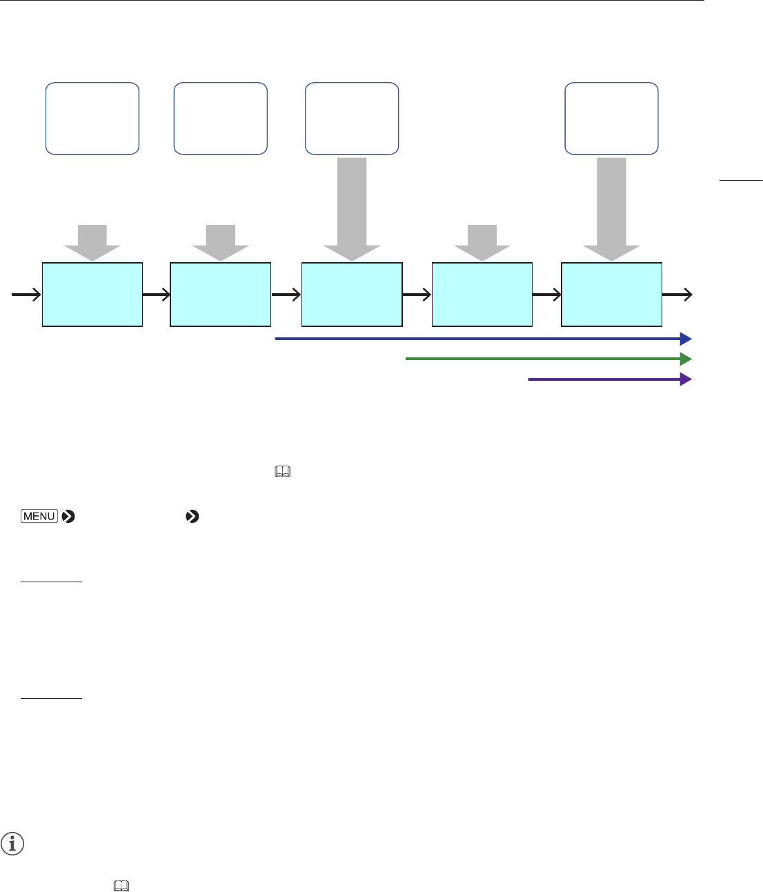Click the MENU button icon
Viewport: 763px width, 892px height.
point(39,516)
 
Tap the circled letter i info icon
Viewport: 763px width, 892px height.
point(12,844)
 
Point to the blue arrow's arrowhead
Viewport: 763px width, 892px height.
point(686,339)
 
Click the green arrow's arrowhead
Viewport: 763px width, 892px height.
point(686,359)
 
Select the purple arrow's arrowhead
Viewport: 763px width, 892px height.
point(686,379)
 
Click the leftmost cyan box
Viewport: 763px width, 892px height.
point(92,295)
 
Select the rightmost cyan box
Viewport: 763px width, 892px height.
point(611,295)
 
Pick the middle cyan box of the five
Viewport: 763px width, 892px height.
point(352,295)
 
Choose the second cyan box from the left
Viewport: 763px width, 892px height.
point(220,295)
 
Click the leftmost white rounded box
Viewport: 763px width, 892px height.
point(92,118)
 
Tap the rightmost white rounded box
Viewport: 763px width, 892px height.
point(611,118)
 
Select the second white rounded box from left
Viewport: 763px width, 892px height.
point(220,118)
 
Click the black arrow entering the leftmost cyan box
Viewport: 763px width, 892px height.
point(26,295)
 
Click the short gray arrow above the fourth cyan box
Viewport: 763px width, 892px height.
point(482,242)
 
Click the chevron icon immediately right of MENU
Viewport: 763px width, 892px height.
point(68,516)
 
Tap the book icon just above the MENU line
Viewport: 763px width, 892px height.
point(283,472)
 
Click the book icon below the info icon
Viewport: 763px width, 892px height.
point(120,885)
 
